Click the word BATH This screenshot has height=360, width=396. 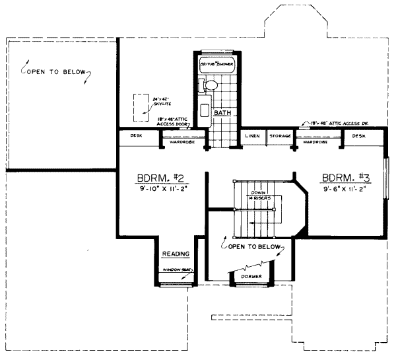point(222,113)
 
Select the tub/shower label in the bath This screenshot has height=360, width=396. point(217,65)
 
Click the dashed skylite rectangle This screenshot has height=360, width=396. point(140,108)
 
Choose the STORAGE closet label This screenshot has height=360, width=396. point(280,135)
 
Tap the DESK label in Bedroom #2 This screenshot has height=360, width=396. point(137,135)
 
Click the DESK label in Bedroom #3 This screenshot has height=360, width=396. point(358,135)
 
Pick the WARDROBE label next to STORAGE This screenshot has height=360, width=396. point(315,141)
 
